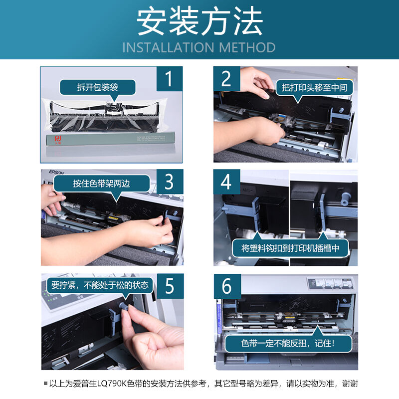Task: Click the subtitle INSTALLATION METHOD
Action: coord(199,47)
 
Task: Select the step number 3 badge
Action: coord(169,182)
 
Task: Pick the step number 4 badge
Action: coord(226,182)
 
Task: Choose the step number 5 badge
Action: coord(169,286)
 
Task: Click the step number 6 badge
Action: coord(226,286)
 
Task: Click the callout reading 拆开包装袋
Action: coord(98,87)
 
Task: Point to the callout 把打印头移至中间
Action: coord(314,87)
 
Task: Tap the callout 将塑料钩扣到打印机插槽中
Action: coord(290,248)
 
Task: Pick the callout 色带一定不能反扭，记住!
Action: coord(289,343)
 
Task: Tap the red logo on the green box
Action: coord(57,138)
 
